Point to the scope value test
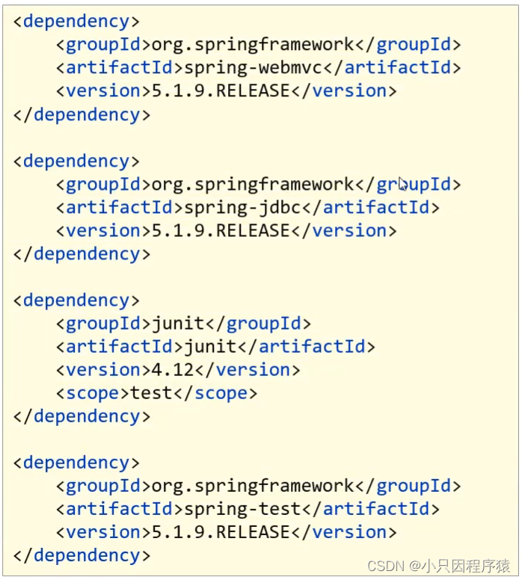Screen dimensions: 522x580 tap(151, 392)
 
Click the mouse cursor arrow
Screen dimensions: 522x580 tap(402, 184)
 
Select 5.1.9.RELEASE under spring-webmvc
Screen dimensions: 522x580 tap(221, 90)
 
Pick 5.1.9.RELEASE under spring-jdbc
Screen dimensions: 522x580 tap(221, 230)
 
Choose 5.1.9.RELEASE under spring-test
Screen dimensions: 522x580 tap(221, 532)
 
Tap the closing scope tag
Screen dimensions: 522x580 tap(215, 392)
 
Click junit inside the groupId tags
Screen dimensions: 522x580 tap(178, 324)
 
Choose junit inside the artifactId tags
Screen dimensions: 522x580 tap(210, 346)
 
